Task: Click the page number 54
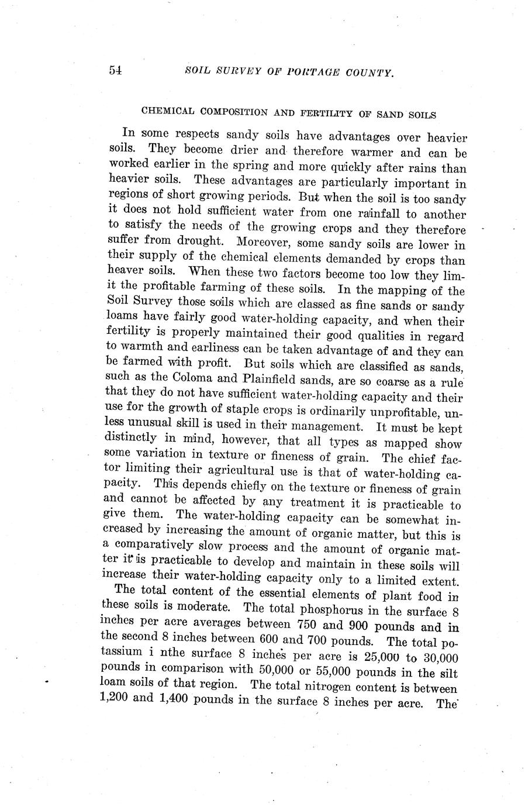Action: tap(115, 71)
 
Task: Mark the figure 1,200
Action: tap(115, 698)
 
